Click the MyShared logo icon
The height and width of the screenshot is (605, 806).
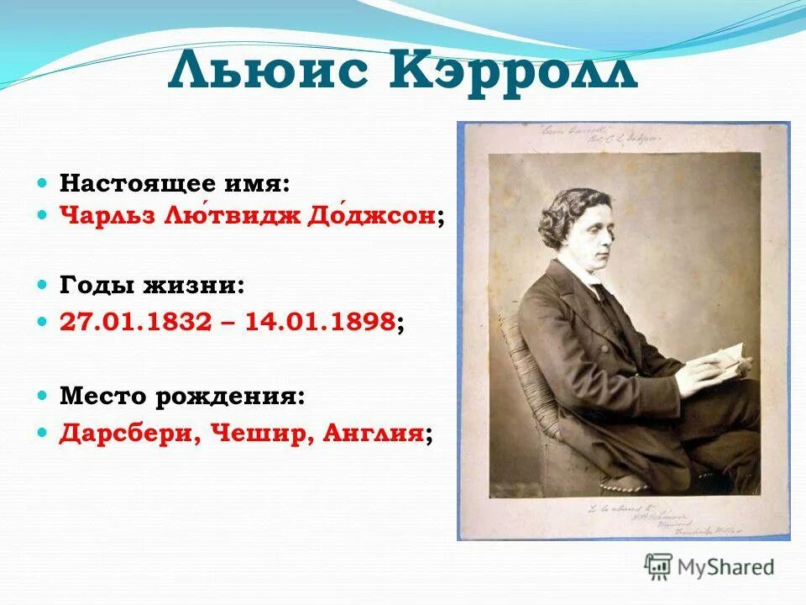coord(658,566)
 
